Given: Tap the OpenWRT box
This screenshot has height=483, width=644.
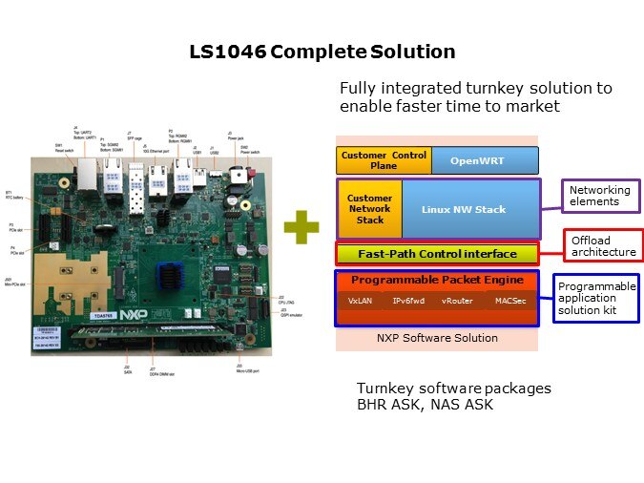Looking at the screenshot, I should pyautogui.click(x=484, y=159).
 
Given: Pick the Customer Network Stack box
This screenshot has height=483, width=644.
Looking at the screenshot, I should pyautogui.click(x=369, y=209).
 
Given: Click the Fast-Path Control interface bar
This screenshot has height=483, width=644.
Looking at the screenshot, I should pyautogui.click(x=437, y=254).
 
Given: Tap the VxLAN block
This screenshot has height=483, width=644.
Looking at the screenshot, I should pyautogui.click(x=360, y=301).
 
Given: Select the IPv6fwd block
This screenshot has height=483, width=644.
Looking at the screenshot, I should pyautogui.click(x=408, y=301).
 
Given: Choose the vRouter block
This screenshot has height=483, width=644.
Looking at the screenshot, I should pyautogui.click(x=457, y=301).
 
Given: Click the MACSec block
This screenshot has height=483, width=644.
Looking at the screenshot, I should pyautogui.click(x=509, y=301).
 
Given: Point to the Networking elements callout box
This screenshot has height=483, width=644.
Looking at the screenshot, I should pyautogui.click(x=600, y=197).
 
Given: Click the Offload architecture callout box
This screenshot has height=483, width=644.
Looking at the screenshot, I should pyautogui.click(x=603, y=246).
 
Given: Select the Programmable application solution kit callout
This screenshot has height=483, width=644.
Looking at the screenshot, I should pyautogui.click(x=596, y=298).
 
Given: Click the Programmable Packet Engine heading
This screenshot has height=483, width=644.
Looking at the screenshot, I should pyautogui.click(x=437, y=280).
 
